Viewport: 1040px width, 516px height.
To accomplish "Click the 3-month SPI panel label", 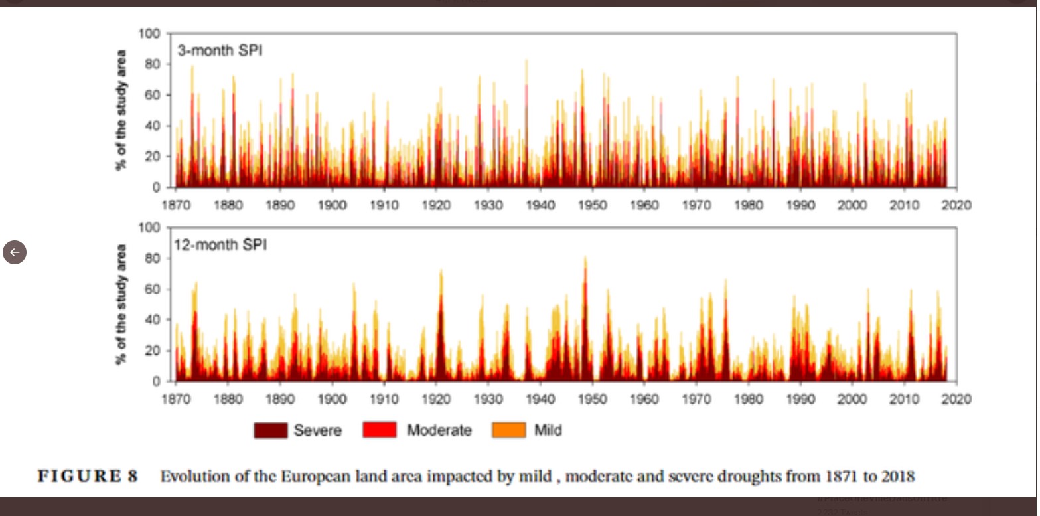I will [x=220, y=50].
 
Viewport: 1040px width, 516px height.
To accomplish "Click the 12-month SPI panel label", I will [x=220, y=245].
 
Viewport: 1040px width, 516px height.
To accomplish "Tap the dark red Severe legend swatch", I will [x=270, y=430].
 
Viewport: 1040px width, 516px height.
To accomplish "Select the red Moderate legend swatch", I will [x=379, y=430].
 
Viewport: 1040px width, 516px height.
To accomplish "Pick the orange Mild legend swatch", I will [x=508, y=430].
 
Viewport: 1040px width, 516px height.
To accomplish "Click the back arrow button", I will [x=15, y=252].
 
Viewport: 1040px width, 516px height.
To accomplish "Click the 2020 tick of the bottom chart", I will [x=956, y=399].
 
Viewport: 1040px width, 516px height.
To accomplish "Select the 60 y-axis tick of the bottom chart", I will [x=153, y=289].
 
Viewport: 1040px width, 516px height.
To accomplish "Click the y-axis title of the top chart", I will [x=121, y=110].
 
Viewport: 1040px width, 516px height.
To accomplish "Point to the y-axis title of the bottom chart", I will [x=121, y=304].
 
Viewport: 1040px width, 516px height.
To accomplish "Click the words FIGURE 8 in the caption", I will [x=88, y=477].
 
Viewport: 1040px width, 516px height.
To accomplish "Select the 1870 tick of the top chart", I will [x=175, y=205].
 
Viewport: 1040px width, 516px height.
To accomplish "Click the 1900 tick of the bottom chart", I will [x=332, y=399].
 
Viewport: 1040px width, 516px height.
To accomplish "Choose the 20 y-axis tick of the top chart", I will [x=153, y=157].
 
